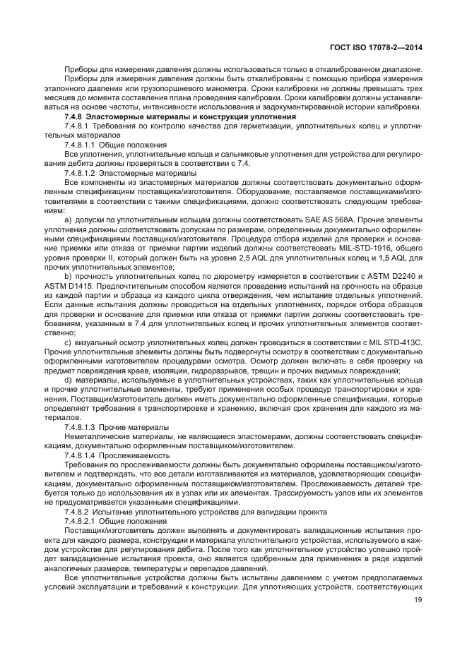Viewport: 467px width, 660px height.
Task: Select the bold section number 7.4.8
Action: click(74, 116)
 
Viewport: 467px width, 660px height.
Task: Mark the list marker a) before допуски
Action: click(69, 219)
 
